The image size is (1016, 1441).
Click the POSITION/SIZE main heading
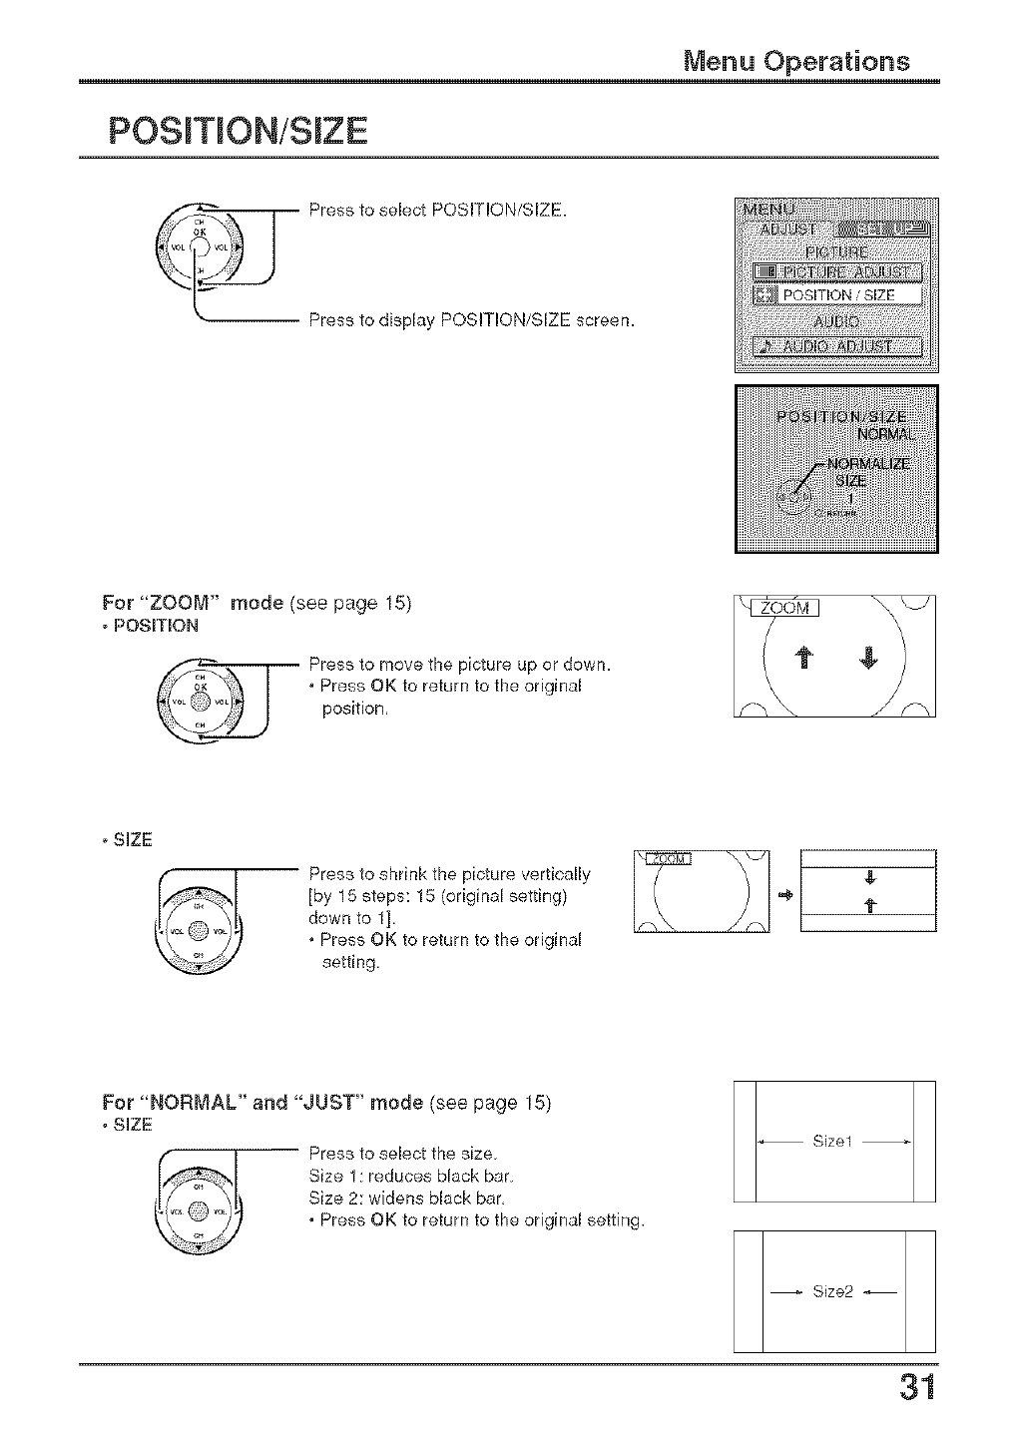(238, 131)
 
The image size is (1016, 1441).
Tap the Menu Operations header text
(796, 61)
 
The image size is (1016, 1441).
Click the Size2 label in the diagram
(833, 1291)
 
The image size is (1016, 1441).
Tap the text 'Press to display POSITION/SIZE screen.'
(471, 320)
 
